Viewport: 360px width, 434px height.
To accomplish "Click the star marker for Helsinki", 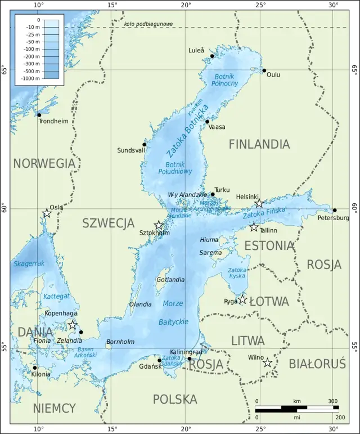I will (x=259, y=203).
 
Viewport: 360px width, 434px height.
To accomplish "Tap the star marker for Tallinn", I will (x=254, y=227).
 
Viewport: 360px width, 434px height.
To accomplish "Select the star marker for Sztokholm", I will (x=159, y=225).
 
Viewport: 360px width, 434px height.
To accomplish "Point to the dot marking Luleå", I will (x=212, y=56).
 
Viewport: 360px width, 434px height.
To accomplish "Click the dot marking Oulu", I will (x=264, y=70).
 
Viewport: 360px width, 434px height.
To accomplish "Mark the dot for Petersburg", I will (x=335, y=211).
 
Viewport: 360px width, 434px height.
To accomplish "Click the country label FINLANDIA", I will (x=259, y=145).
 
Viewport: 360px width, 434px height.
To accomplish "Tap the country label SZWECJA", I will (x=109, y=223).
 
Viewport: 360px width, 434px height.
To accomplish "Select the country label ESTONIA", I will (x=269, y=246).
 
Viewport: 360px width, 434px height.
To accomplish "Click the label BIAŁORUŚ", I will (x=317, y=364).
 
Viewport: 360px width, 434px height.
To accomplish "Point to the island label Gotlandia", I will (x=170, y=280).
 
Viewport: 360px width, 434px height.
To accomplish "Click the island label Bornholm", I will (x=120, y=342).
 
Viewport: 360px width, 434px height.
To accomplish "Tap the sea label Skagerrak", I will (x=29, y=263).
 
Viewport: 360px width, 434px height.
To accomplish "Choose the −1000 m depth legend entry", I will (x=30, y=79).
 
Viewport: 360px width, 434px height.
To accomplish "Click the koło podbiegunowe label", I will (x=148, y=24).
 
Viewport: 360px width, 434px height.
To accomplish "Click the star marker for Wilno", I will (x=268, y=363).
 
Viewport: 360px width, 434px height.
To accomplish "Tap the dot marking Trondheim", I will (x=39, y=115).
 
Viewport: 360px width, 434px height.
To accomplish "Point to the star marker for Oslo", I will (x=47, y=213).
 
